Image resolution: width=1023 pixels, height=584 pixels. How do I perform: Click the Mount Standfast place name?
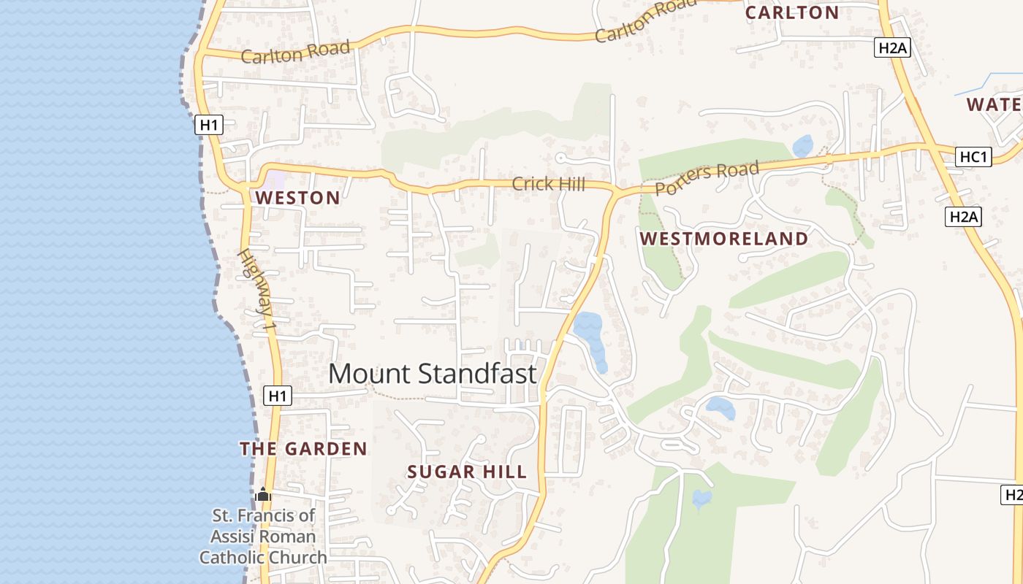pyautogui.click(x=432, y=374)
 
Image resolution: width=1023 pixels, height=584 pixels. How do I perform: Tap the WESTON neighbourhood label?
pyautogui.click(x=297, y=198)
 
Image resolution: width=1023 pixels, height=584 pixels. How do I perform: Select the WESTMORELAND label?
pyautogui.click(x=724, y=239)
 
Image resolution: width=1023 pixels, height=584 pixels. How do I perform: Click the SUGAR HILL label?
pyautogui.click(x=467, y=472)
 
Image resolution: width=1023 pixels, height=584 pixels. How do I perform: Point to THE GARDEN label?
pyautogui.click(x=303, y=448)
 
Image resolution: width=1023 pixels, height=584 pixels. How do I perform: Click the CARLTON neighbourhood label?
pyautogui.click(x=792, y=12)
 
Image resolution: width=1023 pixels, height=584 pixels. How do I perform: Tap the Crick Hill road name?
pyautogui.click(x=548, y=184)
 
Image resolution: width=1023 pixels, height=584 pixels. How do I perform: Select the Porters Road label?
pyautogui.click(x=707, y=179)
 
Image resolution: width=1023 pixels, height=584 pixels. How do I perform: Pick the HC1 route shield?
pyautogui.click(x=974, y=157)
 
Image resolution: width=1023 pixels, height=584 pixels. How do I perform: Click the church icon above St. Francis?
pyautogui.click(x=264, y=495)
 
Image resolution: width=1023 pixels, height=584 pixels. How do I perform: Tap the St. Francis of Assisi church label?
pyautogui.click(x=263, y=537)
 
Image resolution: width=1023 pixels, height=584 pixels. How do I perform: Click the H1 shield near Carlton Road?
pyautogui.click(x=209, y=126)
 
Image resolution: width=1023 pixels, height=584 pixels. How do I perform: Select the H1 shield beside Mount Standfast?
pyautogui.click(x=277, y=396)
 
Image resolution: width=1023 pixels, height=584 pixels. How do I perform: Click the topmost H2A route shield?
pyautogui.click(x=892, y=48)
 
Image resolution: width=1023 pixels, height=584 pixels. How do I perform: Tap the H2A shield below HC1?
pyautogui.click(x=963, y=216)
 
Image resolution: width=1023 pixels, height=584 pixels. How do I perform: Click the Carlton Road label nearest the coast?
pyautogui.click(x=295, y=53)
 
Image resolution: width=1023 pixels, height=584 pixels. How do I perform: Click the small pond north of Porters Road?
pyautogui.click(x=802, y=145)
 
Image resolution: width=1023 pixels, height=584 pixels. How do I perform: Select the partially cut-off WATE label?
pyautogui.click(x=994, y=104)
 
